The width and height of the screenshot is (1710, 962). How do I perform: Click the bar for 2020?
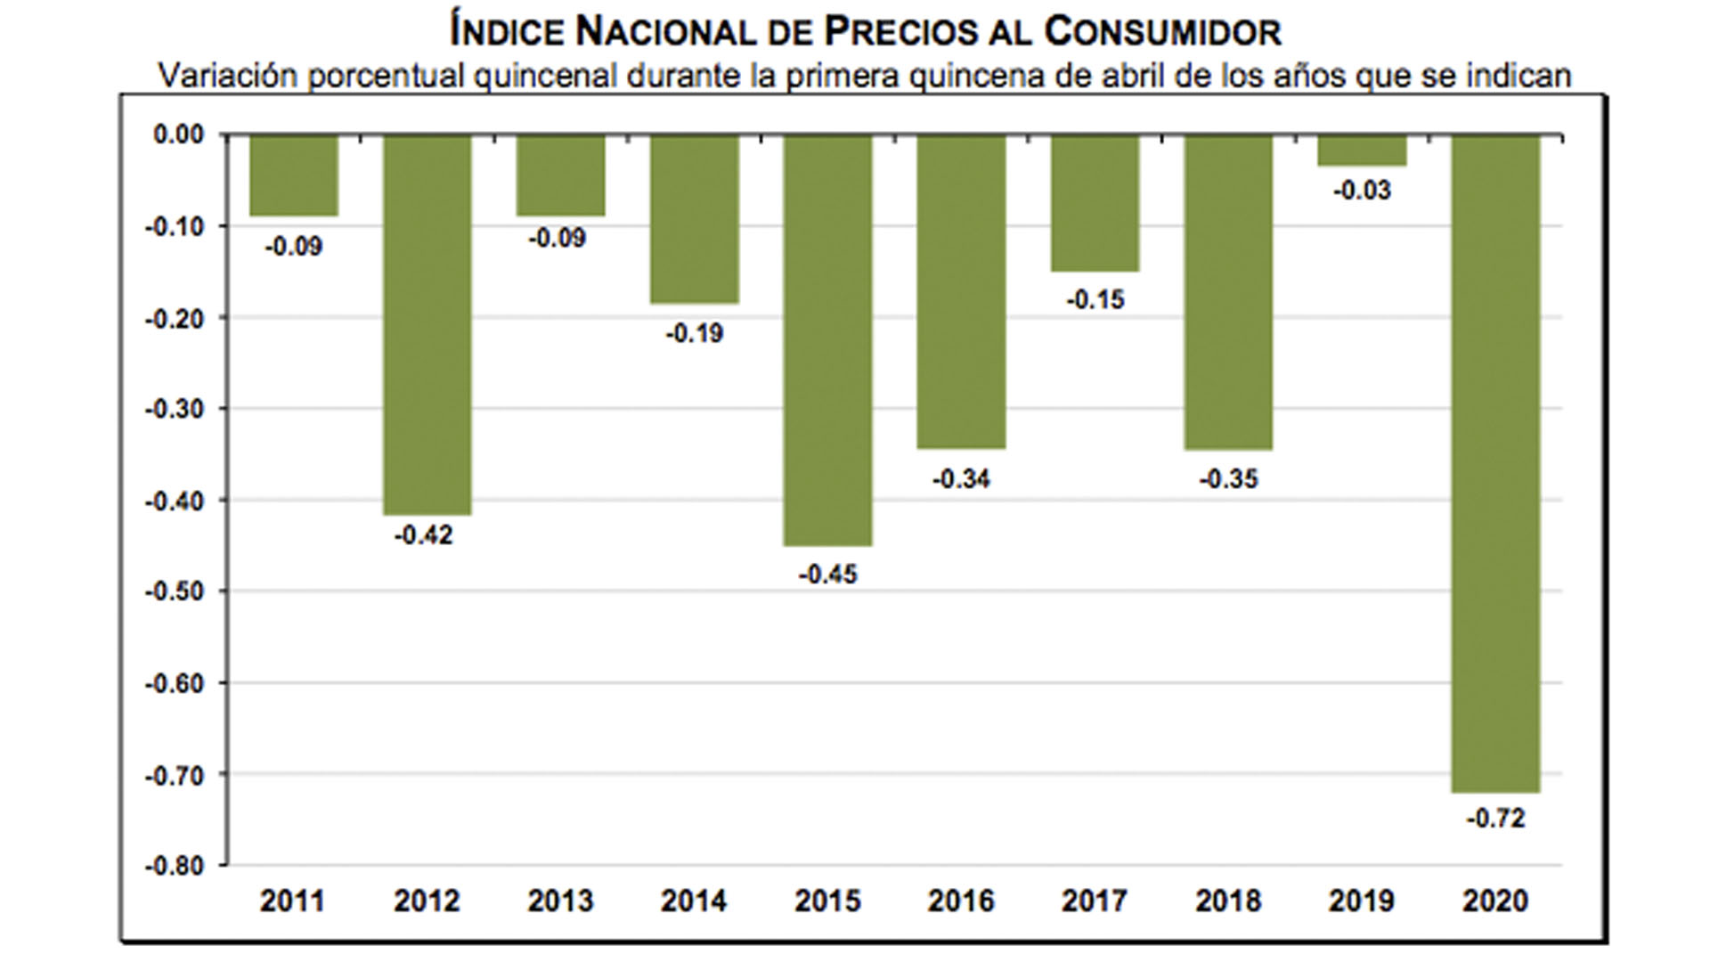tap(1495, 463)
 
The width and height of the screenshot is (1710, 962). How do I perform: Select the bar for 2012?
tap(427, 325)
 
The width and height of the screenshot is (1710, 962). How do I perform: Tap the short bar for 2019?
tap(1362, 151)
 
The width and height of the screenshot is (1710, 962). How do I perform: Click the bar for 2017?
tap(1095, 203)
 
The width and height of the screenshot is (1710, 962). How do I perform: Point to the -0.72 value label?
tap(1495, 818)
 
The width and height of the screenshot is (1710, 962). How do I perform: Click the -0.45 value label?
tap(827, 575)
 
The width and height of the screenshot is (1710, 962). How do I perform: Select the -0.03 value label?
tap(1362, 191)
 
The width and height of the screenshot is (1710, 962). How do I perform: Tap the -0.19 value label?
tap(694, 334)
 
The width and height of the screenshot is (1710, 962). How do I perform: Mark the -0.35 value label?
tap(1228, 479)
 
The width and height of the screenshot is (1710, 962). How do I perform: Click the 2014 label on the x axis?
tap(694, 901)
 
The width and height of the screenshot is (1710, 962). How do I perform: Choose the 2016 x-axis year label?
tap(961, 901)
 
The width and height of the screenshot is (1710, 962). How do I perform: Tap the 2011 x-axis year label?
tap(292, 901)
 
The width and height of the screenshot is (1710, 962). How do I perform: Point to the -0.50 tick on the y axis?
tap(175, 591)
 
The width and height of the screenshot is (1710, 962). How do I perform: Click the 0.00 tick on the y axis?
tap(179, 135)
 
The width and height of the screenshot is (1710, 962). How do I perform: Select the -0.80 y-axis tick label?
tap(175, 866)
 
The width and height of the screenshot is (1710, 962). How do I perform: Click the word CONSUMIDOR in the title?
tap(1162, 33)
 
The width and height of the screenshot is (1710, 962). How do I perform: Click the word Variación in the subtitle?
tap(227, 76)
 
